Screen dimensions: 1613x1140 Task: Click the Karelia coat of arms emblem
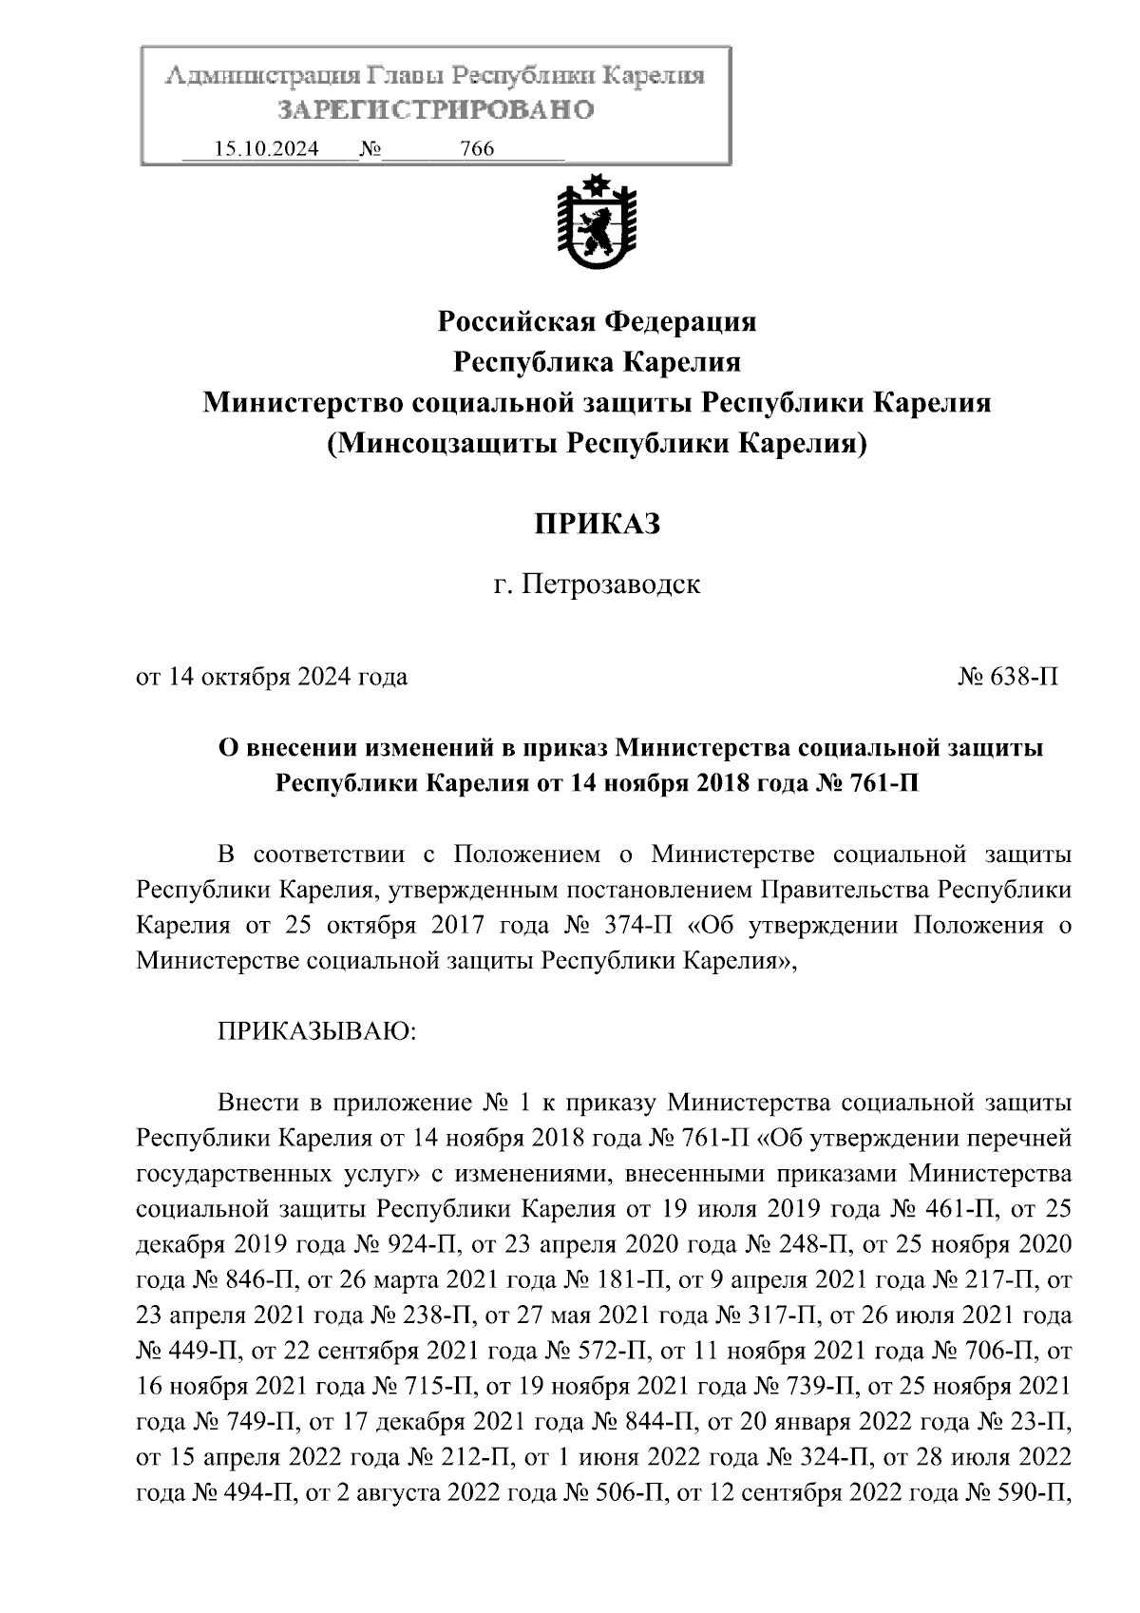[597, 223]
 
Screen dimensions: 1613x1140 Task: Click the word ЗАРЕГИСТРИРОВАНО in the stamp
[436, 110]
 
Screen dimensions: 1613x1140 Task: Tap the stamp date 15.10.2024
[267, 149]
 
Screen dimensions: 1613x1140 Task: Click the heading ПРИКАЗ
[597, 524]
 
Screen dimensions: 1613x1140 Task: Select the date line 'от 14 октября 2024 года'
[273, 677]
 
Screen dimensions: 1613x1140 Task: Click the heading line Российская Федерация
[597, 322]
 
